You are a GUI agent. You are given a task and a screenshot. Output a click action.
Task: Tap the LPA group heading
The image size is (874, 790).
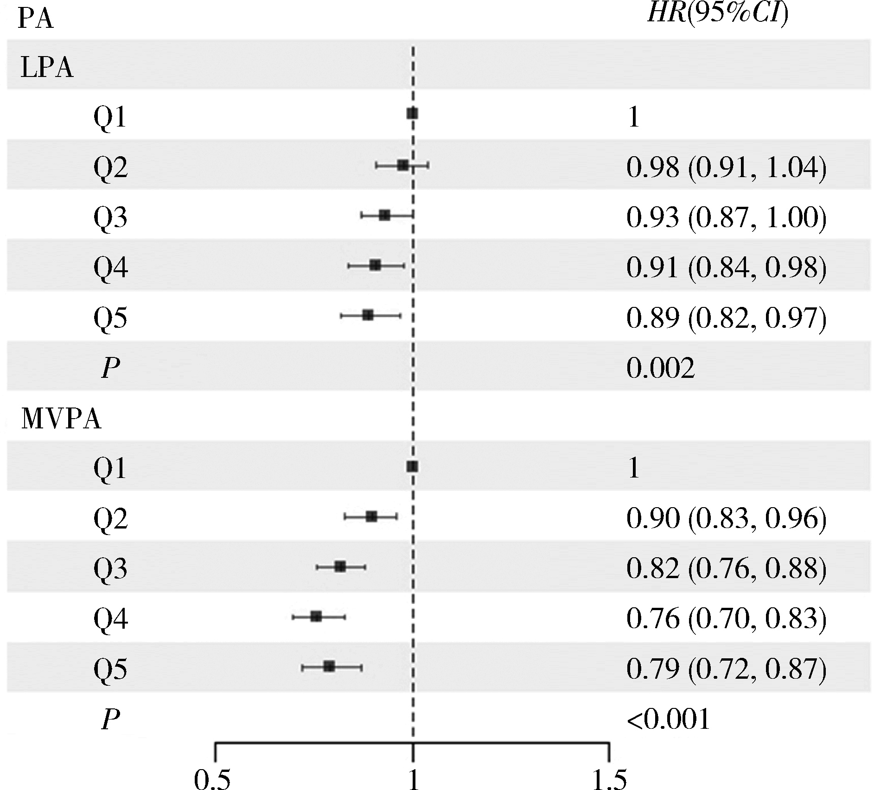47,68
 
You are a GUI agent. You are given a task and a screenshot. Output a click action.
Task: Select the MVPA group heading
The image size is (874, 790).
61,420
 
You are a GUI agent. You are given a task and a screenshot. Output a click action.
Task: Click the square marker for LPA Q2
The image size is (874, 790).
402,165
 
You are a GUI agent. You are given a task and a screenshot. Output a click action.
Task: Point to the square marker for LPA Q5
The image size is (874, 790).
368,316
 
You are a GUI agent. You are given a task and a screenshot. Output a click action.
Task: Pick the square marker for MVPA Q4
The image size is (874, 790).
316,617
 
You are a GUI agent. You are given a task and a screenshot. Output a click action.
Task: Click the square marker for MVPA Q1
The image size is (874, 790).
412,466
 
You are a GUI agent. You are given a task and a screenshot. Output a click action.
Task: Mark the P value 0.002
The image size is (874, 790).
661,369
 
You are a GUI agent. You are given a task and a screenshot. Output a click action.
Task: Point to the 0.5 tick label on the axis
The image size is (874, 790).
212,779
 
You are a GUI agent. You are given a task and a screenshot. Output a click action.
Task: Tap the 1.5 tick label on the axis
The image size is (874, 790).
609,779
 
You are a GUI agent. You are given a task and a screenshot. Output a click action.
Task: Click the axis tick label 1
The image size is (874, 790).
413,779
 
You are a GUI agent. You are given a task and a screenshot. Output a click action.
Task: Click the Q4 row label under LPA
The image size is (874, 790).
110,267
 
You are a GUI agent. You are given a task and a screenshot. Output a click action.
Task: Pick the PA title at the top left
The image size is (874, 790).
35,21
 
